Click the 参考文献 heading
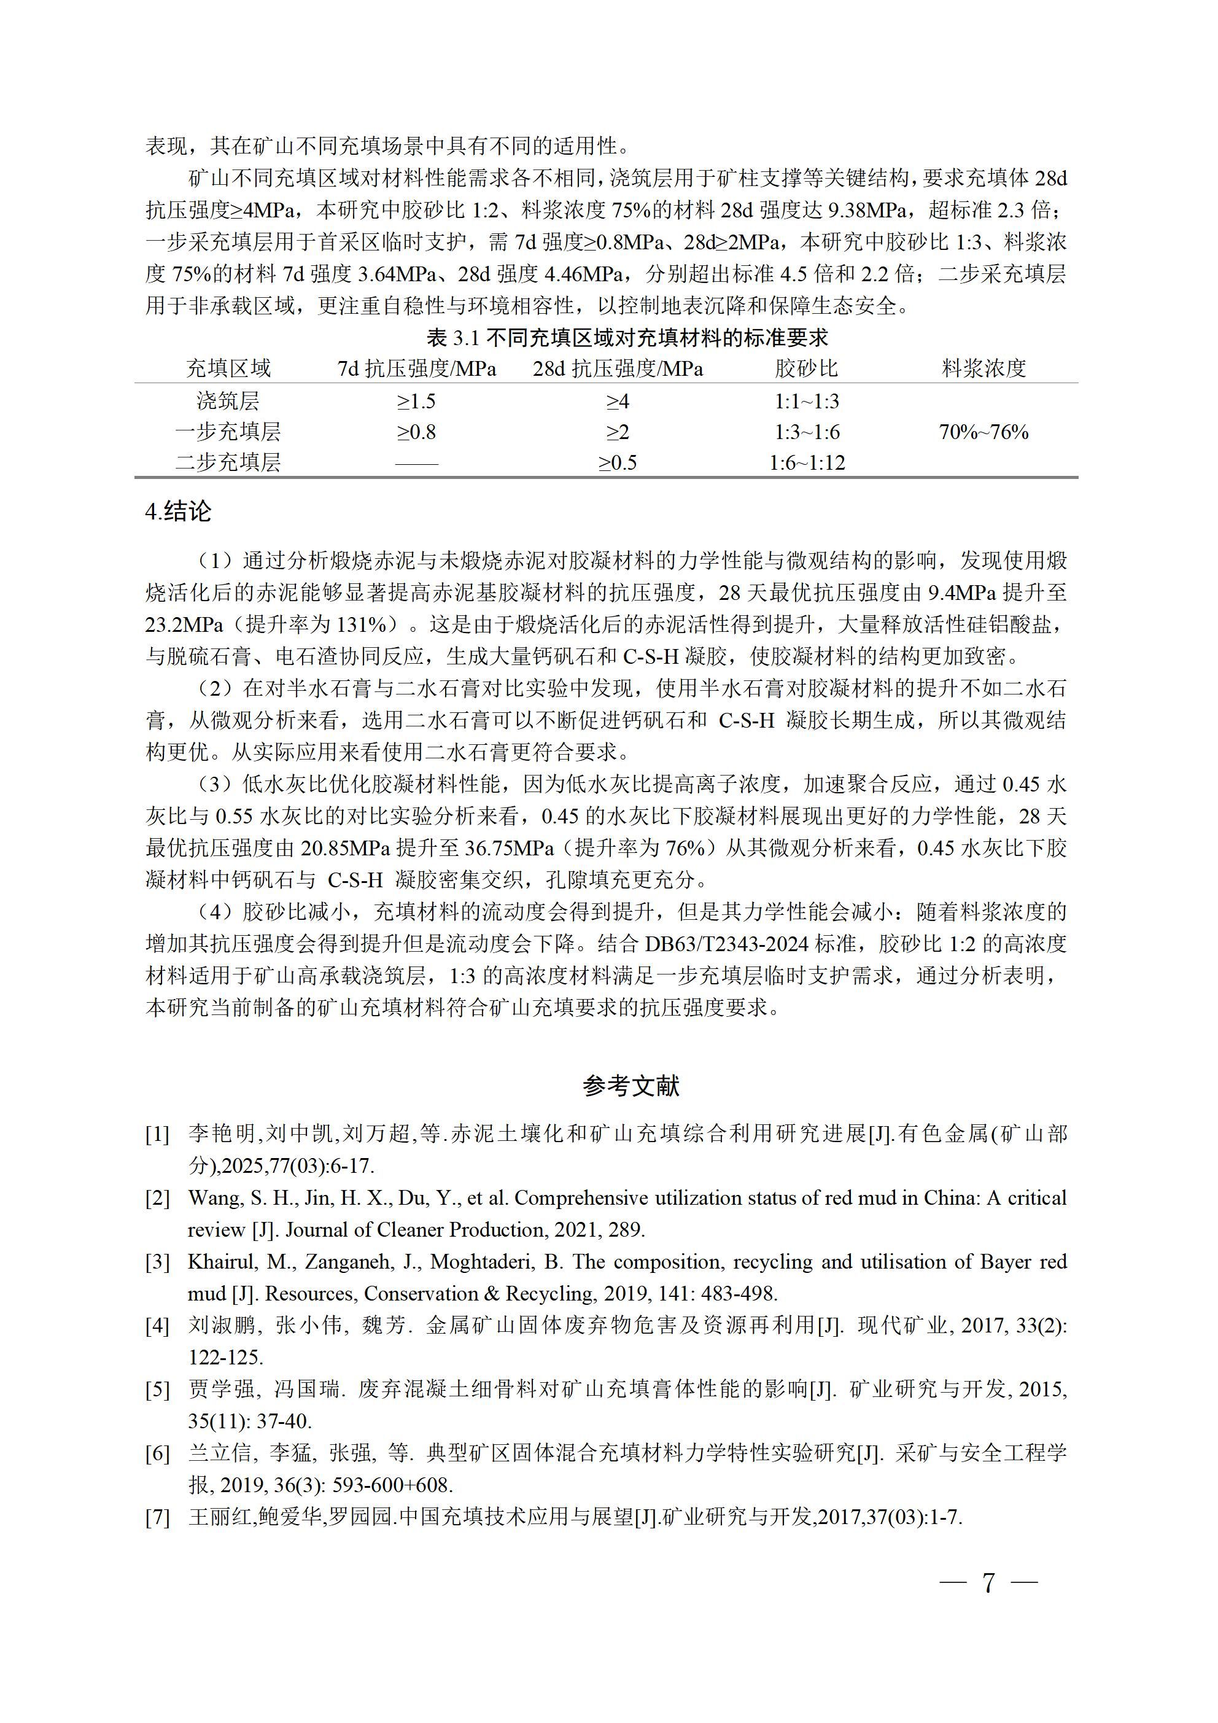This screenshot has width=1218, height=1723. pyautogui.click(x=630, y=1086)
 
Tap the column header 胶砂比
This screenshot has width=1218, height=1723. pyautogui.click(x=806, y=368)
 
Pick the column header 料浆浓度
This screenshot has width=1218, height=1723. pyautogui.click(x=983, y=368)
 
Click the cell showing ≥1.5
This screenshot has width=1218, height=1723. pyautogui.click(x=416, y=402)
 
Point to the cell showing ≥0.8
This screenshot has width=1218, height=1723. pyautogui.click(x=416, y=432)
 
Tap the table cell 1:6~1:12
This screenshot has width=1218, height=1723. pyautogui.click(x=807, y=462)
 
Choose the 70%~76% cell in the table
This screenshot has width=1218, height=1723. pyautogui.click(x=983, y=432)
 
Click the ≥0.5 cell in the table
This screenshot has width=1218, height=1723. pyautogui.click(x=617, y=462)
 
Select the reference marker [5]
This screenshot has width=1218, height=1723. pyautogui.click(x=157, y=1390)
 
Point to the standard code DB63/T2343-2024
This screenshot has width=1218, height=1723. pyautogui.click(x=756, y=944)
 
